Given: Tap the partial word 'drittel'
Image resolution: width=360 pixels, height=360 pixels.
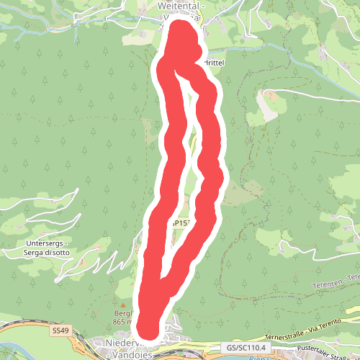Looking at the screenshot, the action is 215,63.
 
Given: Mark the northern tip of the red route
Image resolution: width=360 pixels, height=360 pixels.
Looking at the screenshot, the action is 181,27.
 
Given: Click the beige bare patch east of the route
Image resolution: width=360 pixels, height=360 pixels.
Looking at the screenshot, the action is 267,106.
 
